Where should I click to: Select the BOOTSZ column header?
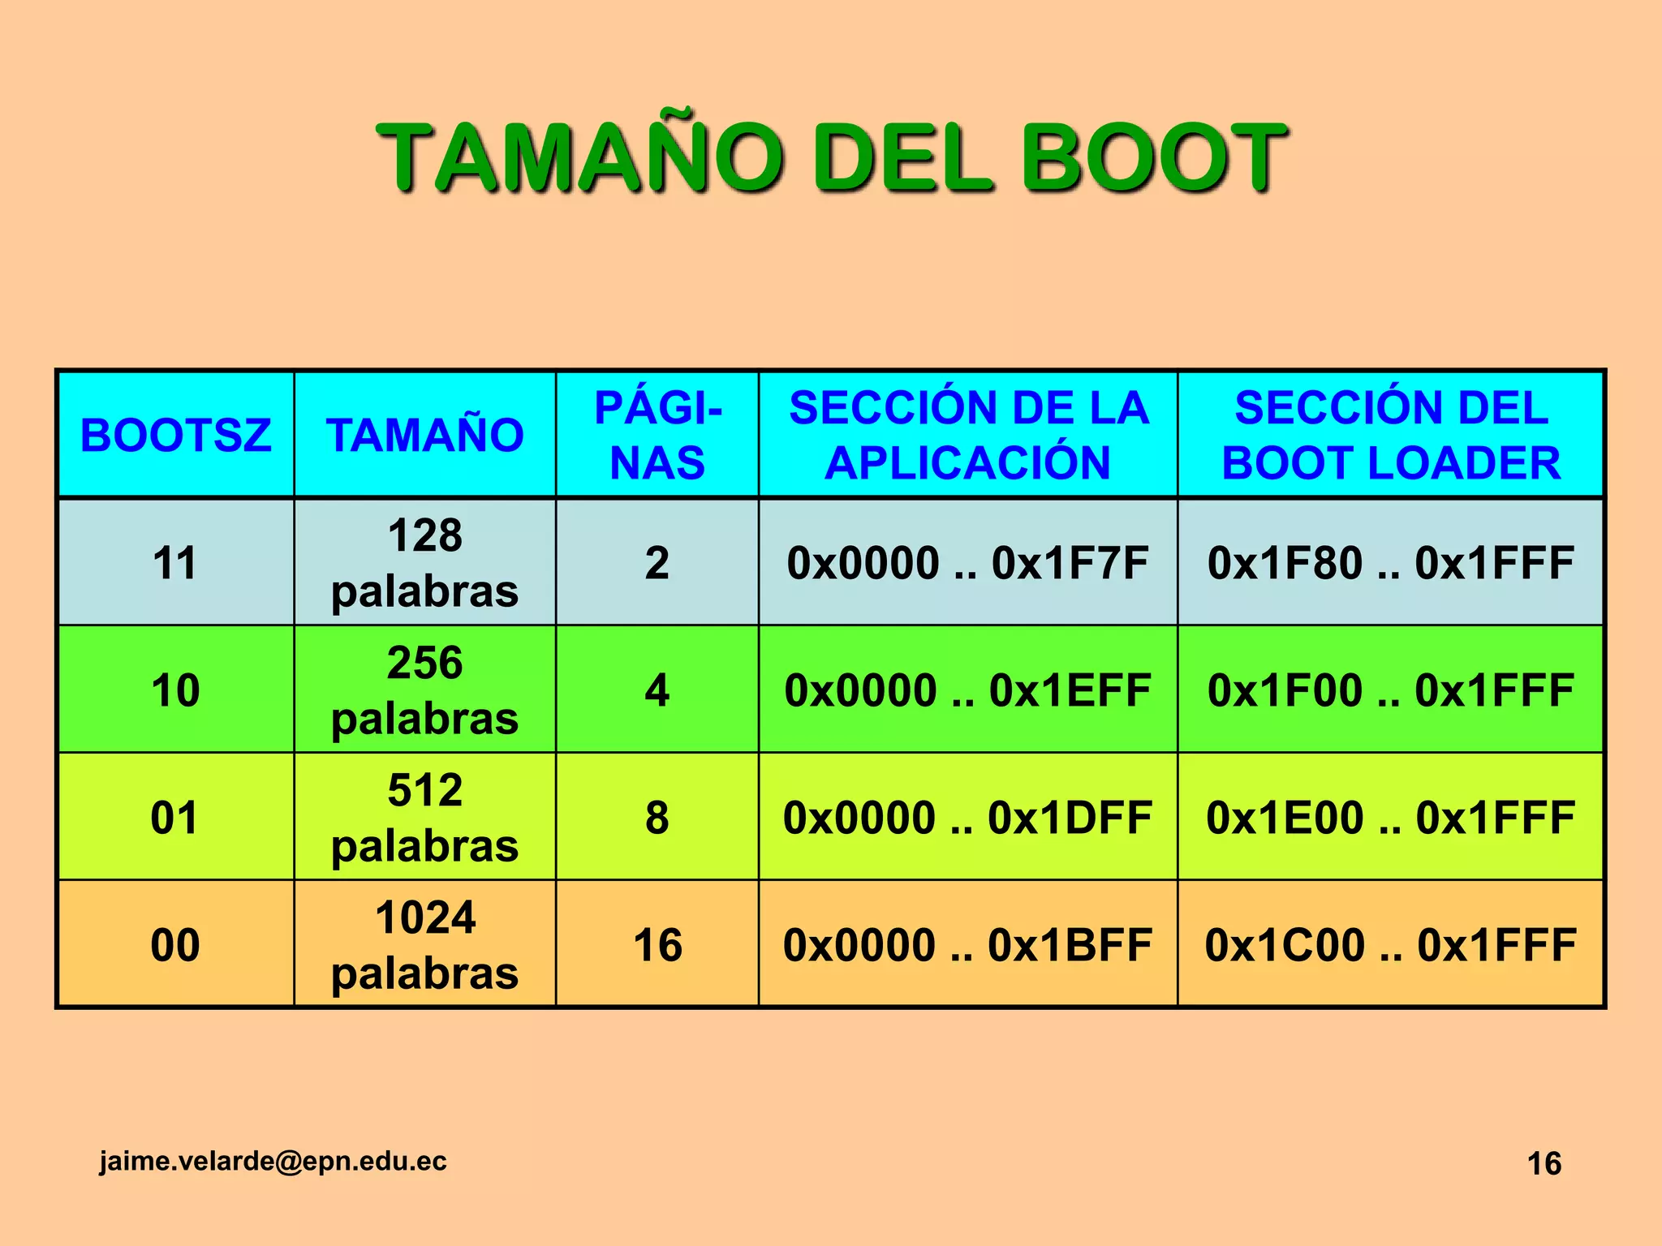tap(175, 435)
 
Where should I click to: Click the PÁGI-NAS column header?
tap(657, 435)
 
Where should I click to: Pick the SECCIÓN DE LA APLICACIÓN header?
tap(968, 435)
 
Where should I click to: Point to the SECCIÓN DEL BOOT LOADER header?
tap(1391, 435)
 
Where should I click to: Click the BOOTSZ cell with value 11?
tap(175, 562)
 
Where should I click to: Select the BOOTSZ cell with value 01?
tap(175, 817)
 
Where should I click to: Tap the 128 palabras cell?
tap(424, 562)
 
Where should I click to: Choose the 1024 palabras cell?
tap(424, 944)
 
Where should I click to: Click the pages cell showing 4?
tap(657, 690)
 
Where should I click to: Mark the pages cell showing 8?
tap(657, 817)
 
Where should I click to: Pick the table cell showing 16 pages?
tap(657, 944)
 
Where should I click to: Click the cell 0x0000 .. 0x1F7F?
tap(968, 562)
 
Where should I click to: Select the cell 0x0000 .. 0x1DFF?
tap(968, 817)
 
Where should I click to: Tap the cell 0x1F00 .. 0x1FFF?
tap(1391, 690)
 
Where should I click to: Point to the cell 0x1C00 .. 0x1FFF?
tap(1391, 944)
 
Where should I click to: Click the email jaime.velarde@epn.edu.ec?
tap(273, 1161)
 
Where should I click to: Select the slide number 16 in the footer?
tap(1544, 1163)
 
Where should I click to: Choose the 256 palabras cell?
tap(424, 690)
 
